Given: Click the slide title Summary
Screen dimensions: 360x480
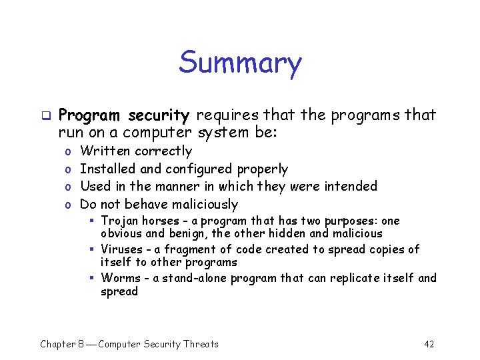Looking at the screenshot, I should coord(240,63).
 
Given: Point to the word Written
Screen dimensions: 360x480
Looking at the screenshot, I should coord(105,151).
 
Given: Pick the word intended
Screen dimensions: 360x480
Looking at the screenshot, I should coord(351,186).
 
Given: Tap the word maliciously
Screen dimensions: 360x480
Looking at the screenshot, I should coord(205,204).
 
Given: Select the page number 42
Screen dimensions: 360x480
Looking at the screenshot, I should coord(429,344).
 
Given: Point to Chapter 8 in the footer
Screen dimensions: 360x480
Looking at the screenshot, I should coord(63,344).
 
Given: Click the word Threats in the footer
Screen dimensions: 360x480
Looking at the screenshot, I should coord(201,344).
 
